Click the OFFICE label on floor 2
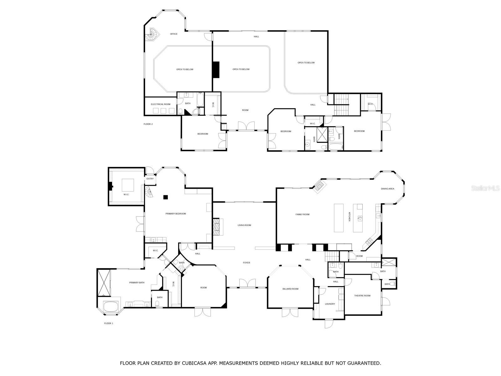click(x=173, y=34)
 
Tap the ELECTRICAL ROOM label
click(x=160, y=104)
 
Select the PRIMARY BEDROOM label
click(x=176, y=214)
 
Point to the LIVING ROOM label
click(x=244, y=225)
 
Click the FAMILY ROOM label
click(x=302, y=214)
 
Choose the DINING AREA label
click(x=387, y=189)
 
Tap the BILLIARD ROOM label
click(x=290, y=289)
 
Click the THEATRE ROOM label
click(x=362, y=296)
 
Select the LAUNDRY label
click(x=330, y=304)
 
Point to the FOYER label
click(x=246, y=263)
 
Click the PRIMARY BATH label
click(x=137, y=283)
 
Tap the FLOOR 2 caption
click(x=148, y=124)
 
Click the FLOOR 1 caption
click(x=109, y=323)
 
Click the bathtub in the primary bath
click(x=111, y=306)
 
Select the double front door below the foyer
click(x=247, y=284)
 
